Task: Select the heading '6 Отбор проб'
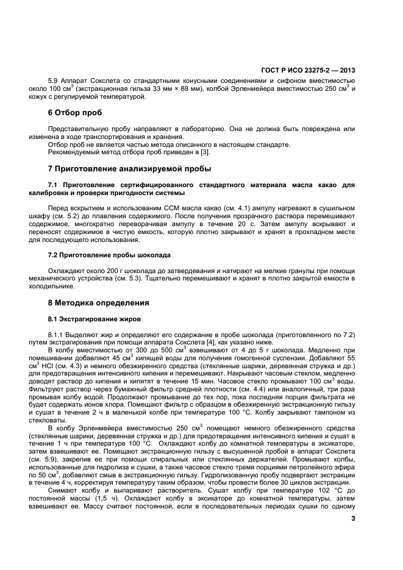[75, 113]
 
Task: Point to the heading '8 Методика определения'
[99, 302]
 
